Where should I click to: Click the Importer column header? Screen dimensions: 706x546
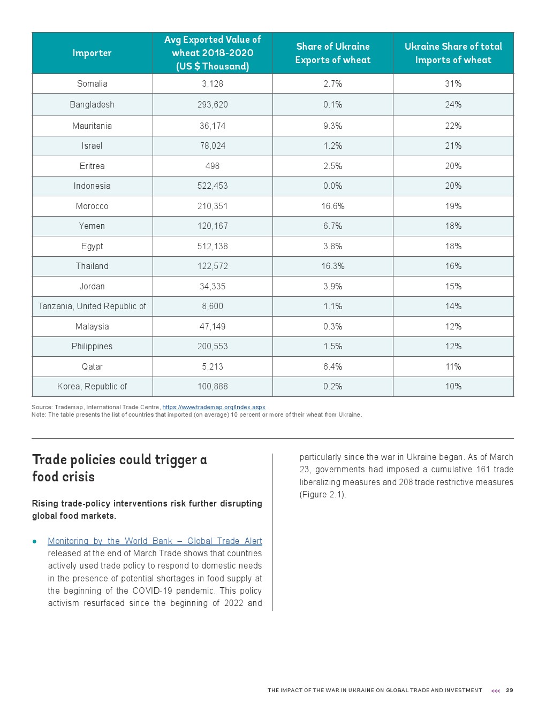point(92,53)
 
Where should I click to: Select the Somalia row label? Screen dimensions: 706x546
point(92,83)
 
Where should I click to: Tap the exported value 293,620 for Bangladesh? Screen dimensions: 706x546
point(213,104)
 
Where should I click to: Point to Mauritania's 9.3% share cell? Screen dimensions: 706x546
point(332,126)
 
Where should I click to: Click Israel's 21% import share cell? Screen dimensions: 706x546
point(453,145)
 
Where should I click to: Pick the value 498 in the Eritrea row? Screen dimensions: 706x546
point(213,166)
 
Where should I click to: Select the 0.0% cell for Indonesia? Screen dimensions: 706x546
point(332,186)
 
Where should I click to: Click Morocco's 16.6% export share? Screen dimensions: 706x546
point(332,206)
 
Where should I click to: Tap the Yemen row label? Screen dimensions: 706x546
point(92,226)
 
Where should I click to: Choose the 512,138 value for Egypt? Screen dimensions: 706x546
point(213,246)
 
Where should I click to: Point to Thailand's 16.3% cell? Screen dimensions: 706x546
point(332,266)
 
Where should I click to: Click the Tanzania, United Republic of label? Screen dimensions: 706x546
point(92,306)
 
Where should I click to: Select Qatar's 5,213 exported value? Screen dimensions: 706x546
point(213,366)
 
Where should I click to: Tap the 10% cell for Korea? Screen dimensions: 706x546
point(453,386)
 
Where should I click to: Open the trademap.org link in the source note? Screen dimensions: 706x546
point(214,407)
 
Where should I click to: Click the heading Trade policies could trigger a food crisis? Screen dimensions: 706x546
point(119,468)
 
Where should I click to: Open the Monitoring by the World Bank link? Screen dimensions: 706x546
point(155,541)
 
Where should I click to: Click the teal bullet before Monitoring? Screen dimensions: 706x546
point(35,541)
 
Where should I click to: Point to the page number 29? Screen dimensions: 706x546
point(509,690)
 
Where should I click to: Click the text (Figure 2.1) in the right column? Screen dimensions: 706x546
point(322,494)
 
